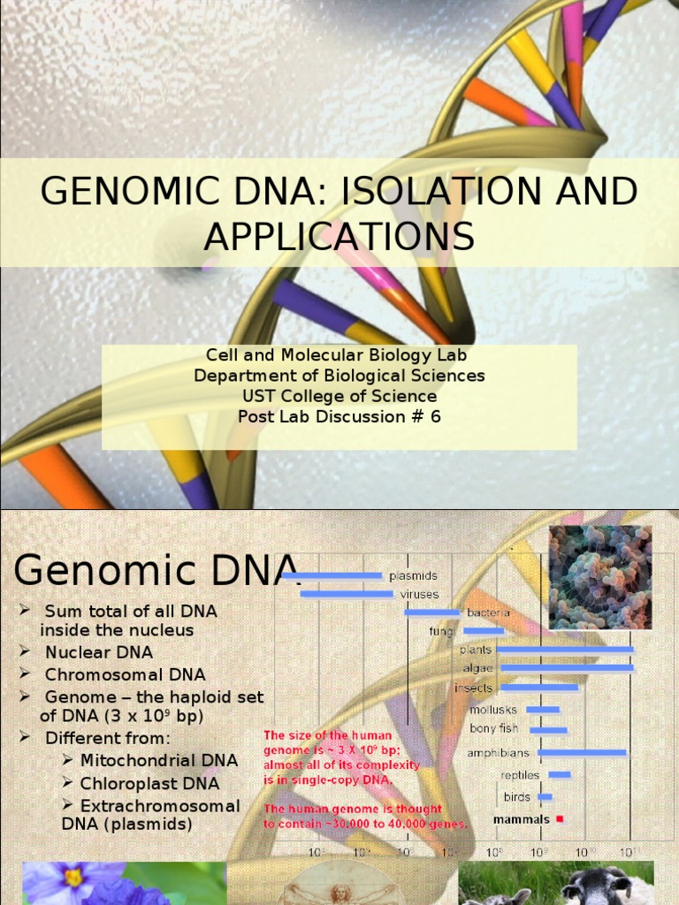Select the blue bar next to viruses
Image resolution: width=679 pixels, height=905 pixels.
tap(347, 594)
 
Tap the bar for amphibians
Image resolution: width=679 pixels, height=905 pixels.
tap(583, 753)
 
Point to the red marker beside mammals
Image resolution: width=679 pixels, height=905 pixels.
tap(560, 819)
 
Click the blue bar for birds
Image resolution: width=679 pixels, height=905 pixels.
tap(545, 797)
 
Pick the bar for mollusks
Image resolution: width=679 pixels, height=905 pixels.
tap(543, 709)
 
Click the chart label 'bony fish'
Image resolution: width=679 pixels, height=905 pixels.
tap(494, 729)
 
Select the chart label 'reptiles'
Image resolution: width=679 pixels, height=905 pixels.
tap(520, 775)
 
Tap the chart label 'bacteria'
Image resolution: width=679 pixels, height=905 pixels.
tap(488, 612)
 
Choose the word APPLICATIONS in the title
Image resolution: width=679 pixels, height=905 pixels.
tap(339, 236)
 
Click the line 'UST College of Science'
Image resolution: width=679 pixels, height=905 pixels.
tap(339, 396)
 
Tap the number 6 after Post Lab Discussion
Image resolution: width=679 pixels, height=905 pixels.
tap(435, 416)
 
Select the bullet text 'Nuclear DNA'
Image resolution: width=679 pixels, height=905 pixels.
tap(99, 652)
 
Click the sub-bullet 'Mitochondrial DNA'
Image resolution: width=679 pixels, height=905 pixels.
tap(159, 760)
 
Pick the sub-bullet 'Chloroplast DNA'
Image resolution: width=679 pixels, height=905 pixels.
tap(149, 783)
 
